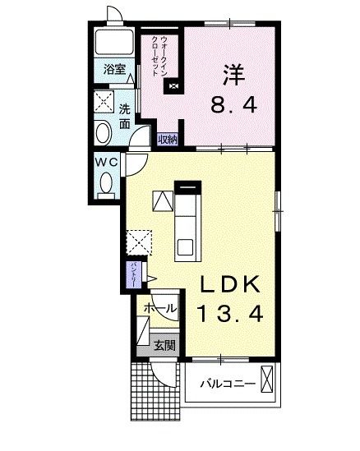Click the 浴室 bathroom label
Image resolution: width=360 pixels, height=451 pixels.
114,71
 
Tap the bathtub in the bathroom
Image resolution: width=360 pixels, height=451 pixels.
115,44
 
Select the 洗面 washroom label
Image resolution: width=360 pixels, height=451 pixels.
124,116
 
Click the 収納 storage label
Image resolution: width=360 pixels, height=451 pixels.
168,139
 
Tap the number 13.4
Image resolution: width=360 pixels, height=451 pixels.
231,313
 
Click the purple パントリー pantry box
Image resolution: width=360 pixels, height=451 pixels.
132,274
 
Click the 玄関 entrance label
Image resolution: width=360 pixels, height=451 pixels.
165,346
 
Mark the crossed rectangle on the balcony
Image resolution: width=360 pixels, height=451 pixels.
268,381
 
